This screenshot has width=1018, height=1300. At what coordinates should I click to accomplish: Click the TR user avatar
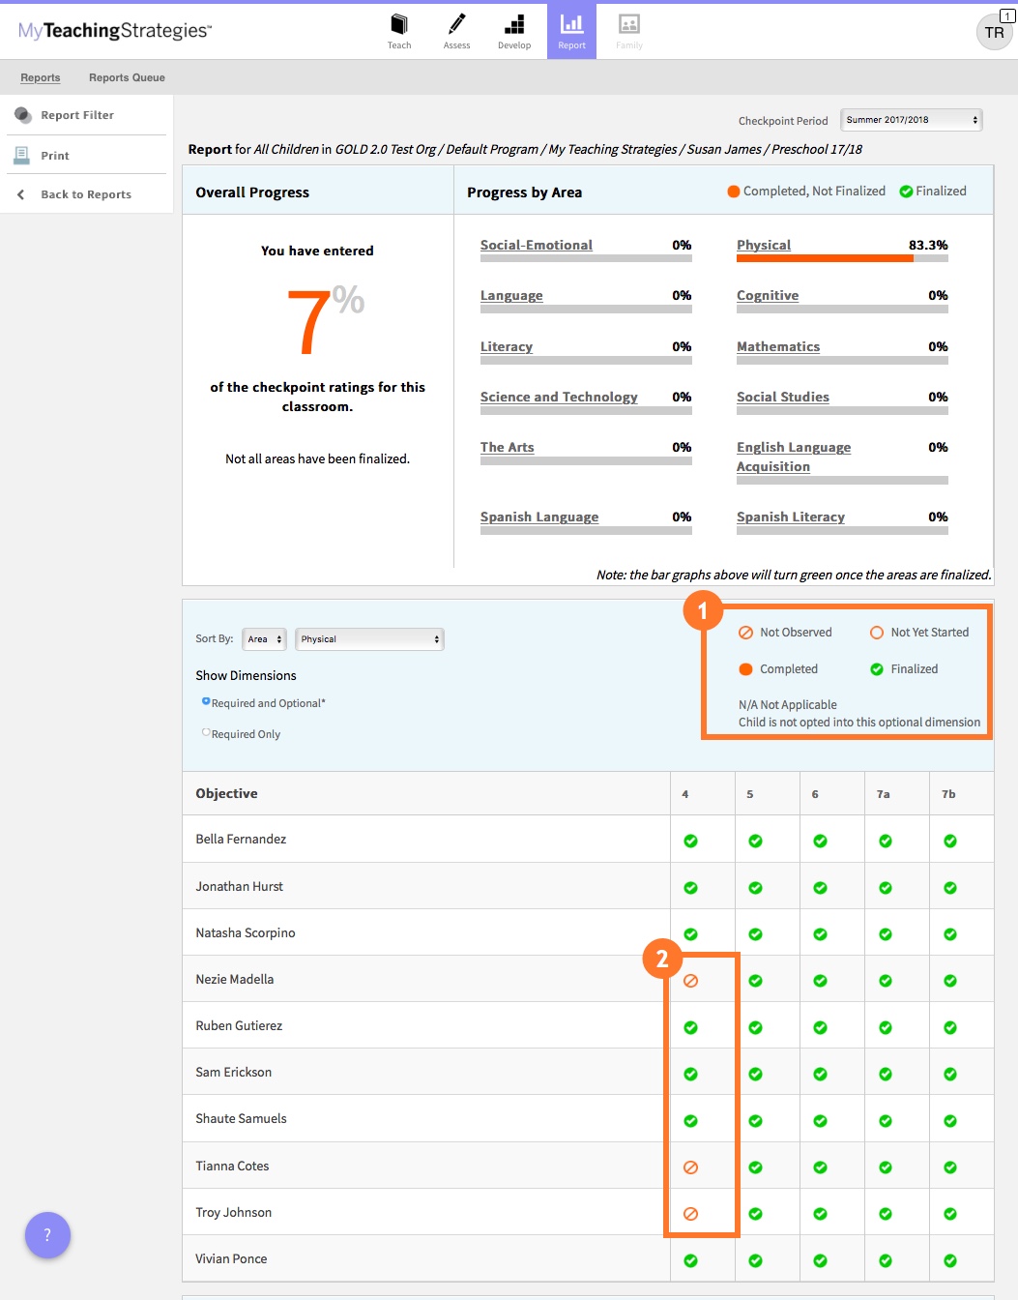point(994,33)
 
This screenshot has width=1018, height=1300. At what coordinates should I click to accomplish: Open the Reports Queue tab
point(127,77)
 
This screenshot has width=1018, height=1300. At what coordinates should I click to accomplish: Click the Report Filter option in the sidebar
point(77,115)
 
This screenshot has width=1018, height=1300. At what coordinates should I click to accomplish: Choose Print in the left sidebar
point(55,156)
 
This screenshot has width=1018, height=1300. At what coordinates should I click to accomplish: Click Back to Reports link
point(86,194)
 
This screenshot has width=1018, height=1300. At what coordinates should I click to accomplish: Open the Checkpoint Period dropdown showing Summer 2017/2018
point(911,120)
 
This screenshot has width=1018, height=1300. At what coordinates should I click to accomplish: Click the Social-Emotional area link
point(537,245)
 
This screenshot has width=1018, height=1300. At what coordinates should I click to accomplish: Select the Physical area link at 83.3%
point(764,245)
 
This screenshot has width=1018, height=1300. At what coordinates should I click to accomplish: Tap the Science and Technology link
point(559,397)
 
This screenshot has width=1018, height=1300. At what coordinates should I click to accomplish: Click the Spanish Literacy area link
point(791,517)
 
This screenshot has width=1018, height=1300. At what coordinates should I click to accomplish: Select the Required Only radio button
point(206,733)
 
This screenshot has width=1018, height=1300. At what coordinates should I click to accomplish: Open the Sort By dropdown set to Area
point(264,639)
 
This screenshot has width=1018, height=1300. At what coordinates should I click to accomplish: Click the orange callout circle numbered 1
point(703,610)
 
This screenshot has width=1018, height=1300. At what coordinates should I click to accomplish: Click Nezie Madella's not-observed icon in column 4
point(690,981)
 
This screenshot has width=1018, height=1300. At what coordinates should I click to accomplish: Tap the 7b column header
point(948,794)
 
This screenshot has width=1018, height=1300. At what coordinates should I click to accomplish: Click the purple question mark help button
point(47,1235)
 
